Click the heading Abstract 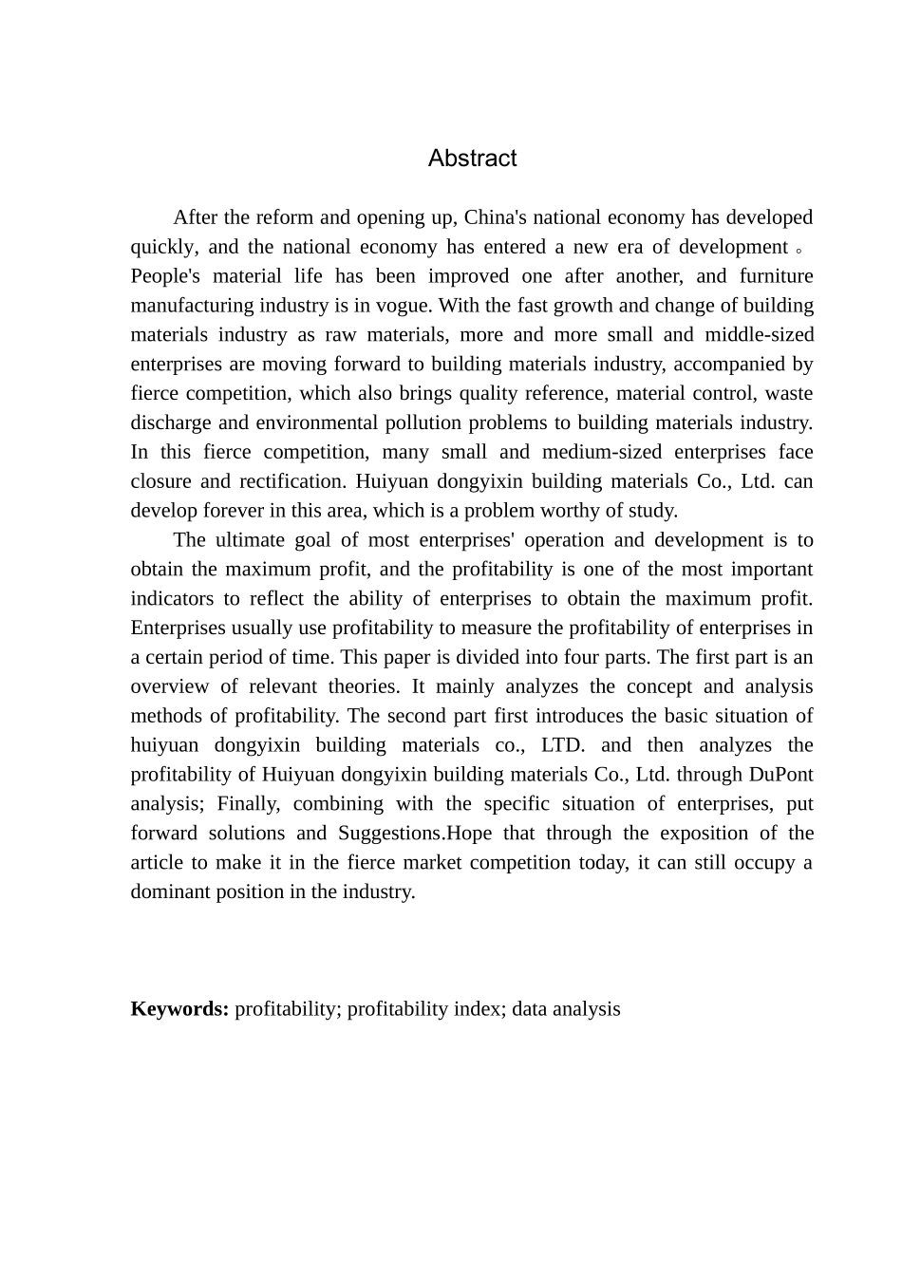coord(472,159)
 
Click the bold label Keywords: coord(179,1009)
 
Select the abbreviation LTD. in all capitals coord(562,745)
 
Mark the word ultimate coord(250,540)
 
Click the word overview coord(170,686)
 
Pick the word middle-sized coord(759,335)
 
